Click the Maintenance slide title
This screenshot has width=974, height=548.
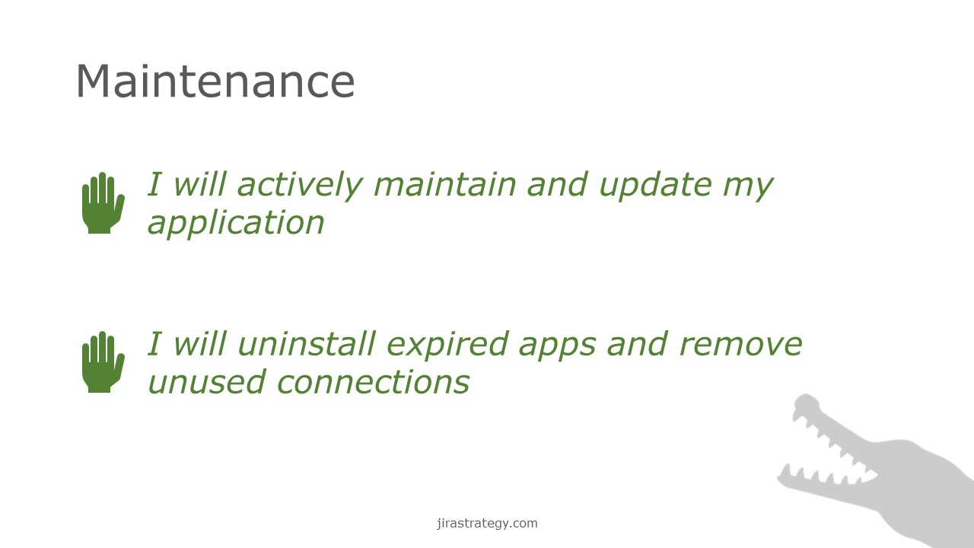pyautogui.click(x=215, y=81)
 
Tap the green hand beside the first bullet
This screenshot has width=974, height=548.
pyautogui.click(x=103, y=203)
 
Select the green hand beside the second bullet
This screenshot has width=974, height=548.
pyautogui.click(x=103, y=362)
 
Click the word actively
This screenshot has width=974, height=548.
pyautogui.click(x=300, y=186)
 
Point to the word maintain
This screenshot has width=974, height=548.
pyautogui.click(x=445, y=184)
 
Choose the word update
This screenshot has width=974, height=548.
pyautogui.click(x=656, y=186)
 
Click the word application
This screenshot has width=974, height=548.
pyautogui.click(x=236, y=224)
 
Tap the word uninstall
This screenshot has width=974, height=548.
pyautogui.click(x=307, y=343)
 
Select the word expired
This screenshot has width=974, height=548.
pyautogui.click(x=447, y=346)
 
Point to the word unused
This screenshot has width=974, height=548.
pyautogui.click(x=207, y=382)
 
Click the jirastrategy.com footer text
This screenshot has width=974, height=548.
pyautogui.click(x=487, y=524)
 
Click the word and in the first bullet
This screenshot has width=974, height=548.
pyautogui.click(x=558, y=184)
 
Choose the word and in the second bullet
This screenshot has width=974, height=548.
pyautogui.click(x=637, y=343)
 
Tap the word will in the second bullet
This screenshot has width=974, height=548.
pyautogui.click(x=200, y=343)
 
